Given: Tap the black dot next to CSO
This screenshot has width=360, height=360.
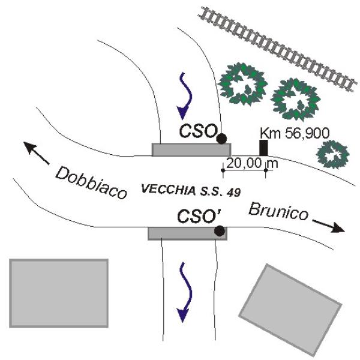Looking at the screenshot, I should [221, 139].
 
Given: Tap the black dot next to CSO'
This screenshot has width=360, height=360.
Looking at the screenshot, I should [220, 230].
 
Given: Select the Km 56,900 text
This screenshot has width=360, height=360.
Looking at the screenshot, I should [290, 133].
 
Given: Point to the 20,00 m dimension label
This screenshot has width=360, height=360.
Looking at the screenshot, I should [247, 162].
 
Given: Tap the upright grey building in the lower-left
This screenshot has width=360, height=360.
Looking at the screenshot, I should [59, 293].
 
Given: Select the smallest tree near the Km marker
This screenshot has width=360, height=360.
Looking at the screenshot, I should [333, 154].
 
